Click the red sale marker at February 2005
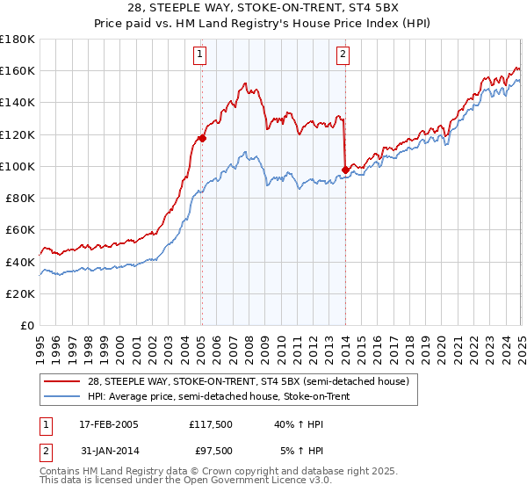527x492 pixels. pyautogui.click(x=202, y=138)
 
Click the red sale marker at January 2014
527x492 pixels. pyautogui.click(x=345, y=170)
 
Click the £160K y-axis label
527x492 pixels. pyautogui.click(x=18, y=70)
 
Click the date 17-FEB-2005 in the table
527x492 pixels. pyautogui.click(x=108, y=424)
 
